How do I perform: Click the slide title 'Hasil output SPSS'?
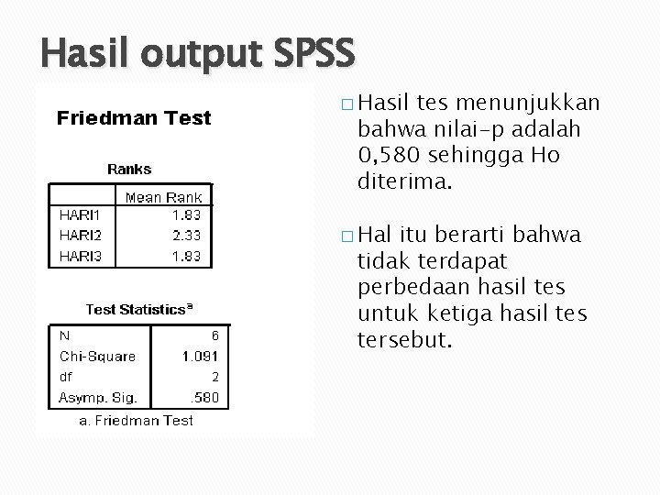[197, 52]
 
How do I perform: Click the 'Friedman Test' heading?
[134, 117]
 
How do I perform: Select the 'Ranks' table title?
[129, 169]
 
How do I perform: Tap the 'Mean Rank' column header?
[163, 196]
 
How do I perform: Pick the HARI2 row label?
[82, 235]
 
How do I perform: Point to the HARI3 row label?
[82, 256]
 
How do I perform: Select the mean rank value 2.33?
[187, 235]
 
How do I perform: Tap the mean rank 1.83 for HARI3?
[187, 256]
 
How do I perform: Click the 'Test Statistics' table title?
[137, 310]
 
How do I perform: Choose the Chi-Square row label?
[97, 357]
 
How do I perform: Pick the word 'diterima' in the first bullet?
[404, 181]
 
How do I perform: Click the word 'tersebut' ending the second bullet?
[404, 340]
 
